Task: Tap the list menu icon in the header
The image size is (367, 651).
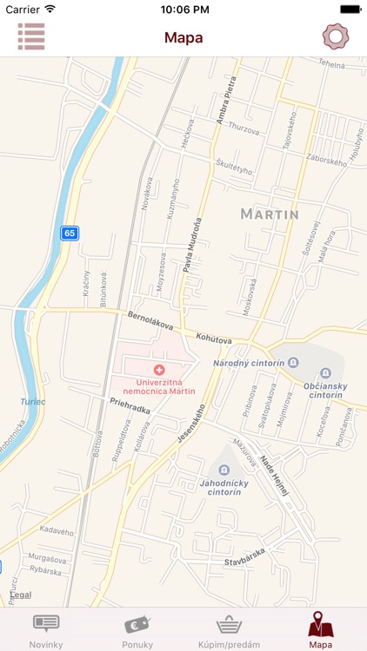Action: (x=31, y=36)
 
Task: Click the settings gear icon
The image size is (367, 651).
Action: (x=335, y=36)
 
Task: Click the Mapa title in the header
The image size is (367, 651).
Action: (x=183, y=37)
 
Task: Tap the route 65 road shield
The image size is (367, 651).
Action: (x=70, y=233)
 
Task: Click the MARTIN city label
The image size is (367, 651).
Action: (x=269, y=214)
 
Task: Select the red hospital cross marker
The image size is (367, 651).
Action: (x=158, y=371)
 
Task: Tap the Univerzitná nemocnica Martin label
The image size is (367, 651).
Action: (x=158, y=386)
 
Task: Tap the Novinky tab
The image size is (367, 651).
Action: (x=46, y=630)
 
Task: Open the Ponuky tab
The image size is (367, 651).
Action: (x=137, y=630)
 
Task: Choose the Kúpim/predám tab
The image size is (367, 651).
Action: (x=230, y=630)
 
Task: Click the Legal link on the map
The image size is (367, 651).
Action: (x=20, y=595)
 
